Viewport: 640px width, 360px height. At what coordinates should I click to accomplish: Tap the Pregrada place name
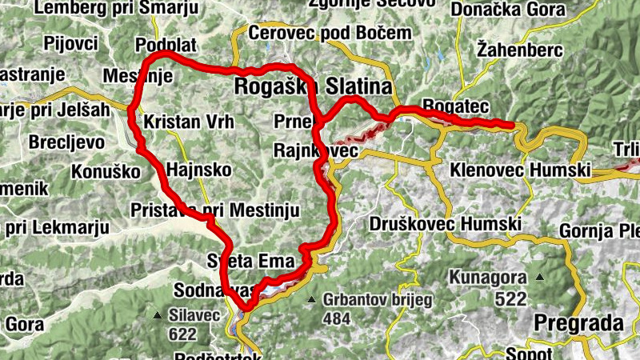[578, 323]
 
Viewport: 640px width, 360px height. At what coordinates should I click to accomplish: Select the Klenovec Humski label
[520, 170]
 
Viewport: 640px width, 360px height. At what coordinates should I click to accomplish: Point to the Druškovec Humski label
[446, 225]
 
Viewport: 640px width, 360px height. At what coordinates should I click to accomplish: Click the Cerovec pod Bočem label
[330, 34]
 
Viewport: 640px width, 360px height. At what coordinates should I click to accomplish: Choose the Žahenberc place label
[519, 50]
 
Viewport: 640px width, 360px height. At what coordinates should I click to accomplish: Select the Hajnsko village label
[198, 170]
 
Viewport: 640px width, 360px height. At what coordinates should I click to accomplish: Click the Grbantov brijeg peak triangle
[312, 300]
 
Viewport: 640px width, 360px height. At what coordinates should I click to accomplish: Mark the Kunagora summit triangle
[540, 278]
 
